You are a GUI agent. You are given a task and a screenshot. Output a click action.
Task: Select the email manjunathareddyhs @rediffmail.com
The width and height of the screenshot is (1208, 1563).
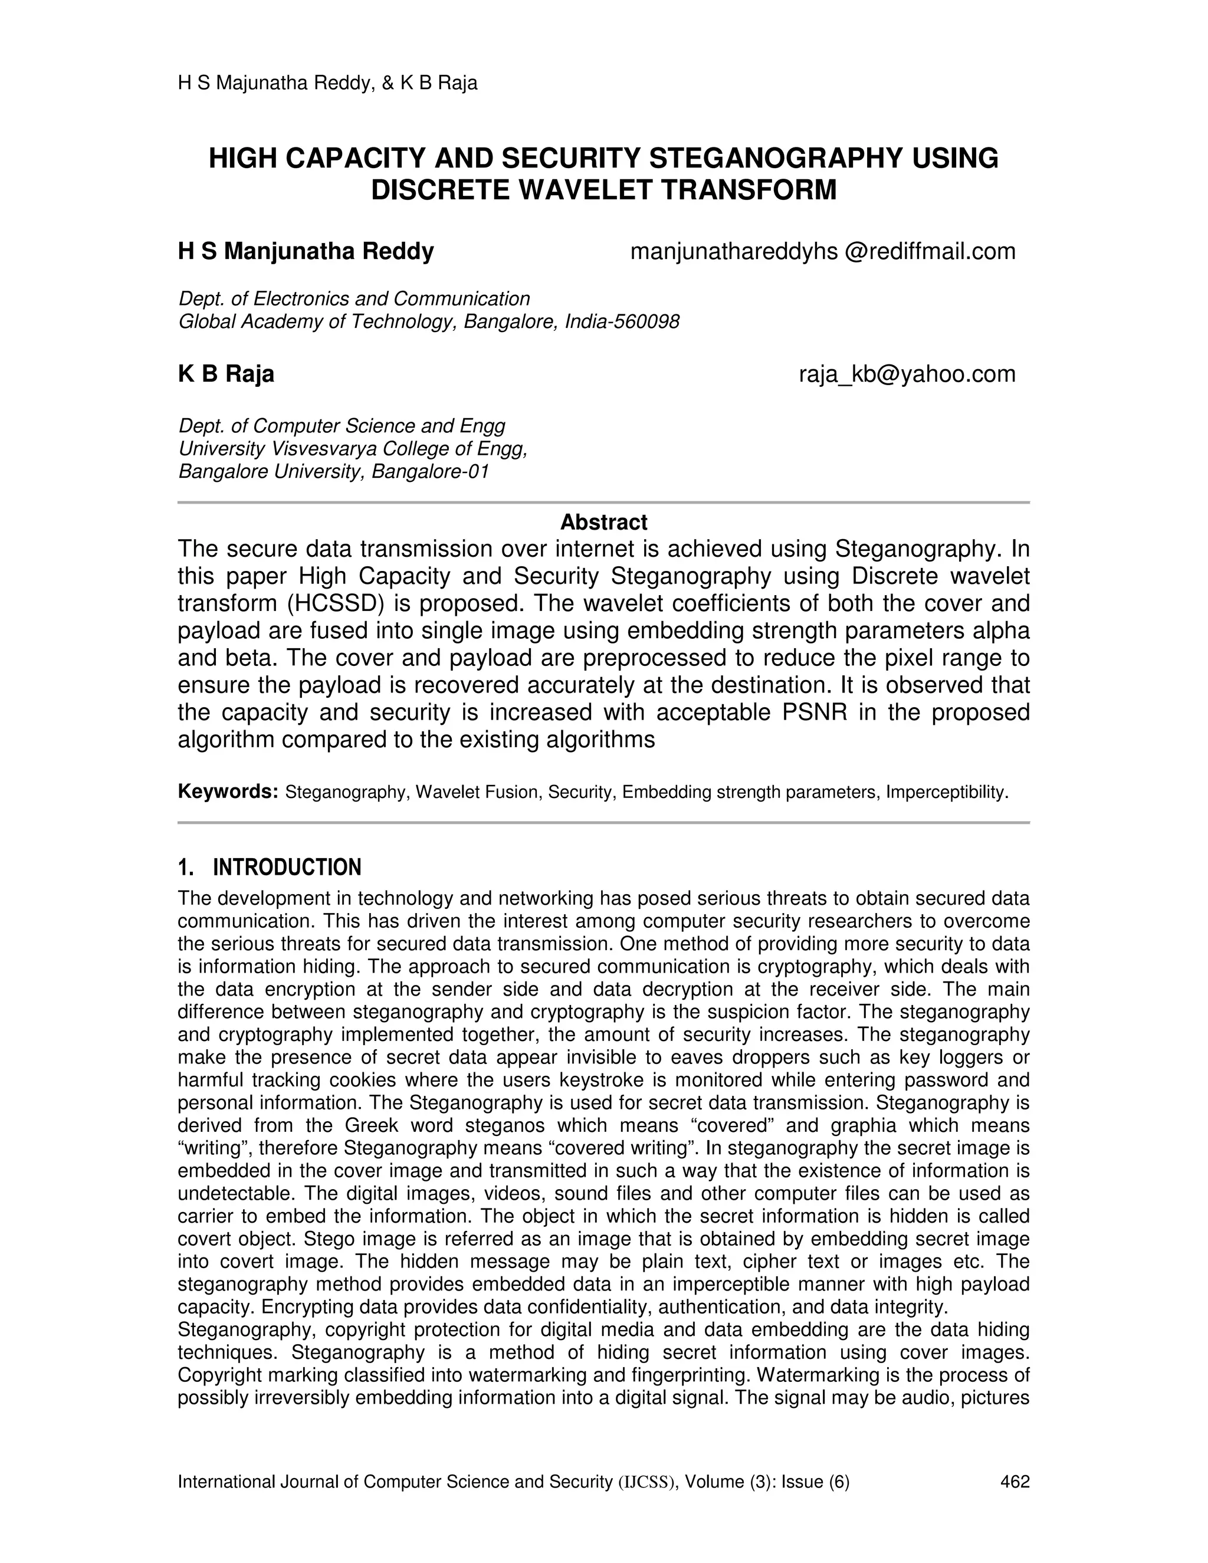click(822, 252)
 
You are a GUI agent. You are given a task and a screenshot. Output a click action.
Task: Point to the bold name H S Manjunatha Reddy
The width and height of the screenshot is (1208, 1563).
click(306, 252)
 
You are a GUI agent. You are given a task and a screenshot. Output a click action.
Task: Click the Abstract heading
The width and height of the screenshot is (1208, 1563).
click(603, 523)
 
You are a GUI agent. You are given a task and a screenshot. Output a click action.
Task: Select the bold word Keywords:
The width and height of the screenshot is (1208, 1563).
click(228, 792)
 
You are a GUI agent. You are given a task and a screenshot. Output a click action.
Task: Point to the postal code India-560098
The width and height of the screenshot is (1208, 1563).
click(622, 322)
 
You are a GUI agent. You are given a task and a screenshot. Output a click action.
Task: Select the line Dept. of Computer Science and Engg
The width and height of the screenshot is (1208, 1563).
click(342, 426)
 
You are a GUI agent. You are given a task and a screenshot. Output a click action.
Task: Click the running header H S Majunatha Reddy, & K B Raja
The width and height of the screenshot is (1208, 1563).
click(327, 84)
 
